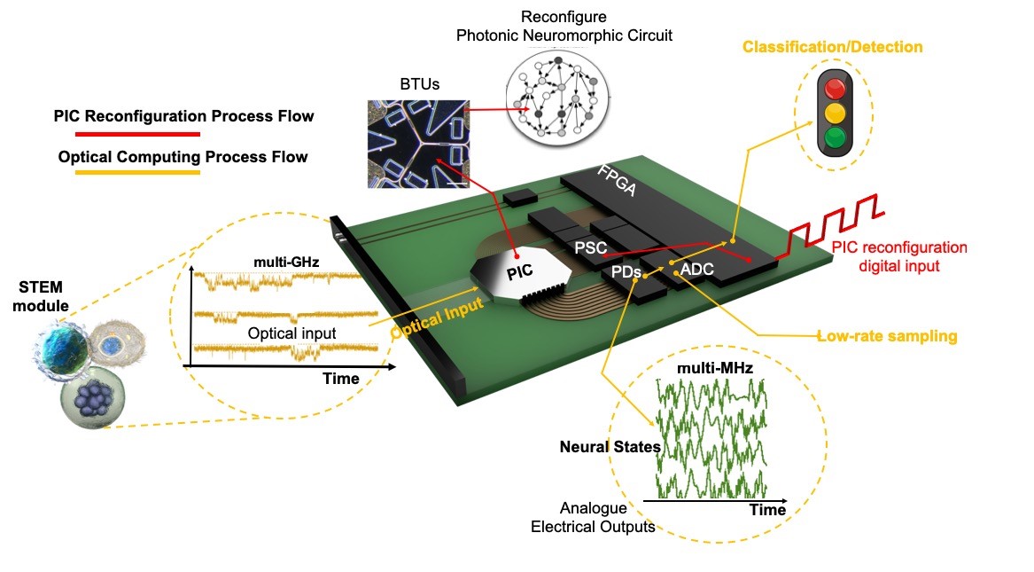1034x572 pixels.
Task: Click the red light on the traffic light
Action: pos(835,89)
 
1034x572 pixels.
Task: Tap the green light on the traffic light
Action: pos(835,138)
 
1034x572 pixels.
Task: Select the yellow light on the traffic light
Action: pos(835,114)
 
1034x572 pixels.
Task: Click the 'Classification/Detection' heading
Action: pos(833,46)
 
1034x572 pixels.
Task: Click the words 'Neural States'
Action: pos(610,447)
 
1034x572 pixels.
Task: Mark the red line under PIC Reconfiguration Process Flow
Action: pos(128,134)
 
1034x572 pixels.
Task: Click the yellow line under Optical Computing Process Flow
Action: pos(128,175)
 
